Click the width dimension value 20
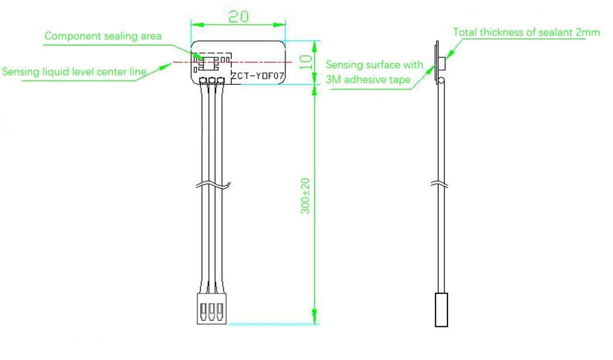[x=238, y=16]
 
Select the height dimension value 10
[x=305, y=62]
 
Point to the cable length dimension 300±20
[x=305, y=196]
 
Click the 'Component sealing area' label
[x=103, y=36]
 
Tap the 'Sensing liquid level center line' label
[x=75, y=71]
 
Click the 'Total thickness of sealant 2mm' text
[x=526, y=33]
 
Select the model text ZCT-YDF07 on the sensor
[x=257, y=77]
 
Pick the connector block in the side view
[x=441, y=309]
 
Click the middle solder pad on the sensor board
[x=212, y=80]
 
